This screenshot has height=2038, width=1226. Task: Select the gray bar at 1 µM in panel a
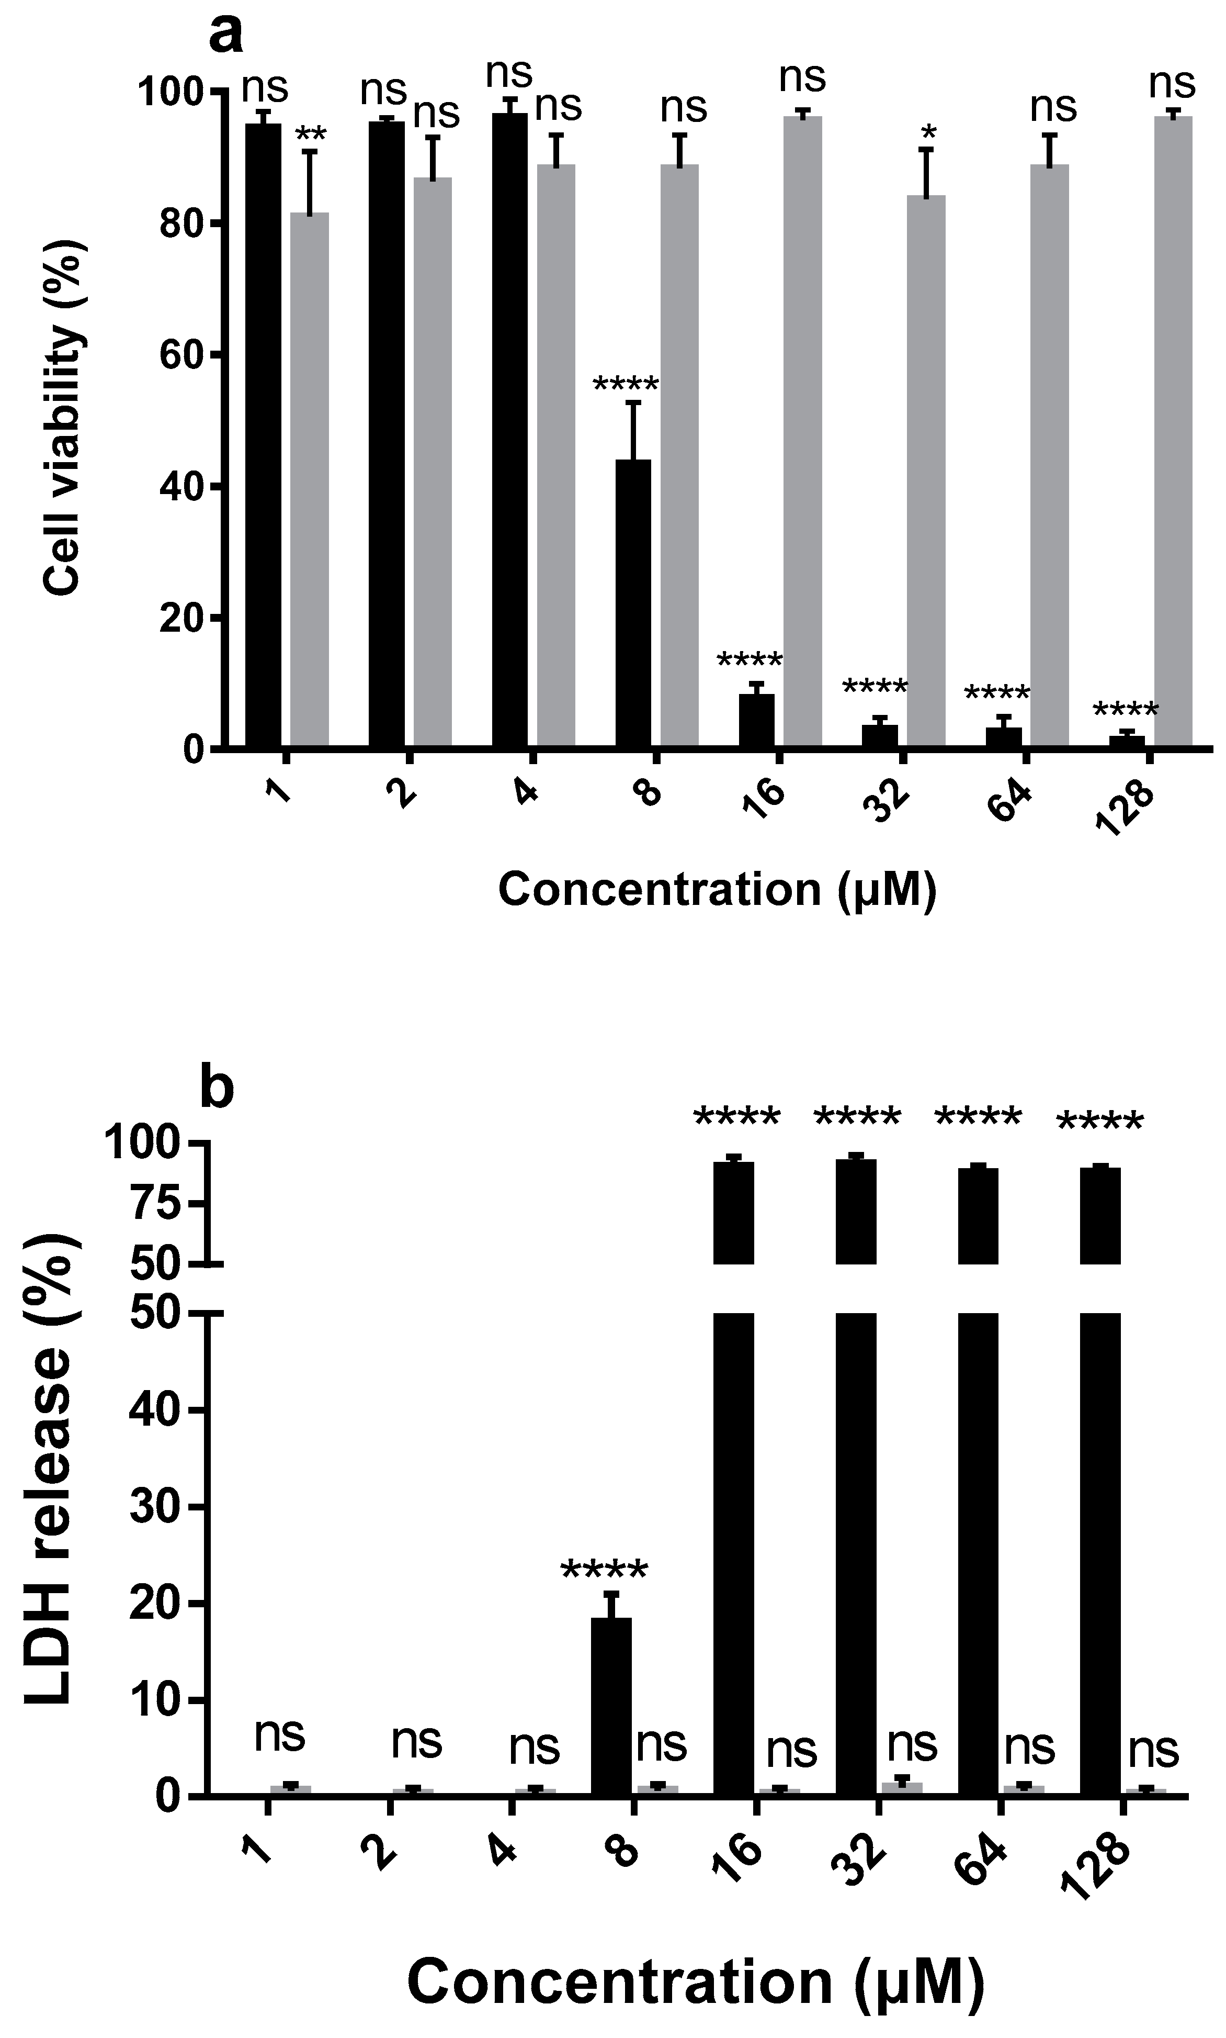click(x=310, y=479)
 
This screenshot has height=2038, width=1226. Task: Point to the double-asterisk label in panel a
click(x=311, y=135)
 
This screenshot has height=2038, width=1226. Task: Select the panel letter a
click(x=225, y=35)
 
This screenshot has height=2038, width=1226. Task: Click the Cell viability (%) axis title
click(x=64, y=417)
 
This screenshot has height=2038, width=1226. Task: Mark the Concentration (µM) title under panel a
click(x=717, y=890)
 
